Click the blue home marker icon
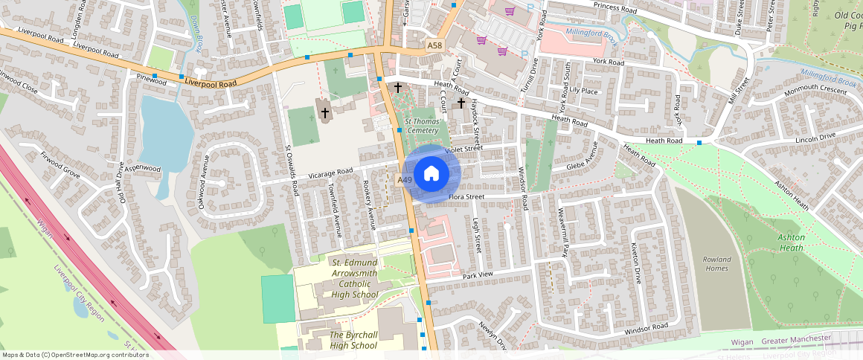pos(431,174)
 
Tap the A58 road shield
pos(435,46)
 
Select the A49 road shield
pos(405,181)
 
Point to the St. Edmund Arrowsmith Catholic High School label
pos(355,278)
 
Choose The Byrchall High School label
pos(353,340)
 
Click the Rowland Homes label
pos(716,264)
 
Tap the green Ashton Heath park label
pos(791,242)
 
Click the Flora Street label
pos(466,197)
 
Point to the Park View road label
pos(478,275)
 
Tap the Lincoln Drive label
pos(816,138)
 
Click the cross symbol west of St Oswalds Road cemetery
pos(324,112)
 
